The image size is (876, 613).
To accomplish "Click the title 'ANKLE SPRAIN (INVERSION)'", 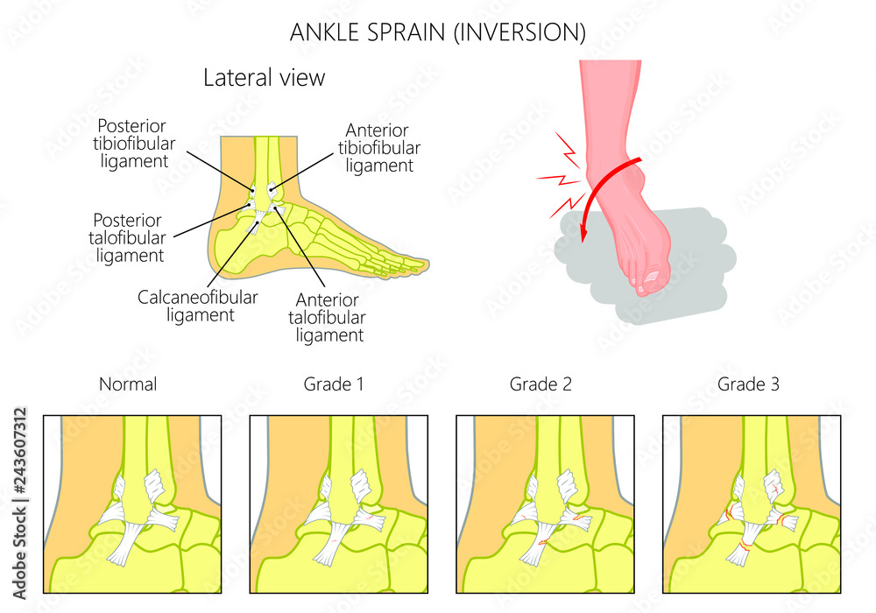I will [437, 32].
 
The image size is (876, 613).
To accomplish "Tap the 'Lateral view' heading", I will [264, 78].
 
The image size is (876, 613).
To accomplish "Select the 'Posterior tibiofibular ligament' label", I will [132, 144].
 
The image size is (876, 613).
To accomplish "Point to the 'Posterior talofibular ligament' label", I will [130, 237].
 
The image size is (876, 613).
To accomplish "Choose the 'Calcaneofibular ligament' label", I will [198, 306].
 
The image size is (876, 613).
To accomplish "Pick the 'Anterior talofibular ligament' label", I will [330, 317].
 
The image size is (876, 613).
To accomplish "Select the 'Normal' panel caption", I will [128, 384].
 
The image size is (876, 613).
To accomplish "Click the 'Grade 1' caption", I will [333, 384].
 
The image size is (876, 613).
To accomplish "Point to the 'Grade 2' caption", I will [540, 384].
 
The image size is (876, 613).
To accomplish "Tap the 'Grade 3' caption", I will [747, 384].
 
